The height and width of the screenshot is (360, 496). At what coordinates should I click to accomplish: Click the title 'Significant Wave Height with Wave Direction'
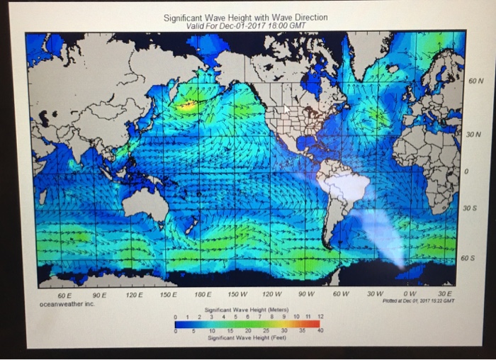pyautogui.click(x=245, y=17)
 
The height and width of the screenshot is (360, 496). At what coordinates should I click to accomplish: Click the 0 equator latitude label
pyautogui.click(x=468, y=172)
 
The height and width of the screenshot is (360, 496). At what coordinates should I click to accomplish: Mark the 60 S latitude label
pyautogui.click(x=467, y=258)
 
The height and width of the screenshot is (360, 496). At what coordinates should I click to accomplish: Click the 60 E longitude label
pyautogui.click(x=64, y=293)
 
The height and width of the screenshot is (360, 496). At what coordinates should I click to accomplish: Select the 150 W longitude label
pyautogui.click(x=238, y=293)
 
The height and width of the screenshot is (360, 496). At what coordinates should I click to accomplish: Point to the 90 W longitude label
pyautogui.click(x=306, y=293)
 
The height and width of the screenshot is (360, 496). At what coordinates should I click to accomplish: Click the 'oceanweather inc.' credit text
pyautogui.click(x=66, y=303)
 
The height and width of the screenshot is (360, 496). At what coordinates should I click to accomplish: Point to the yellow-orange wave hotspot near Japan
pyautogui.click(x=188, y=106)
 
